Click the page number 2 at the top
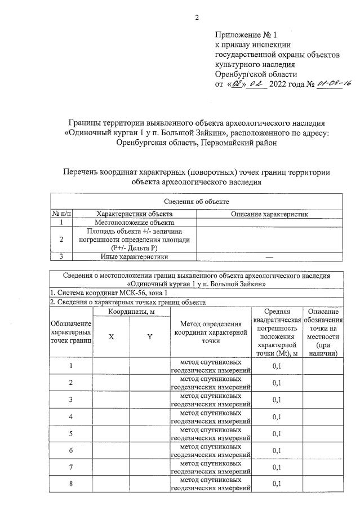[x=197, y=17]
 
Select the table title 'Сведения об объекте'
[x=196, y=201]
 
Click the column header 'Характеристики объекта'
[x=135, y=214]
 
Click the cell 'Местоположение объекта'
[x=135, y=223]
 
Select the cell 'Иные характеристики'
[x=135, y=256]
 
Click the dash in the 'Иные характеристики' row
[x=269, y=256]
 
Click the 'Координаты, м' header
[x=131, y=311]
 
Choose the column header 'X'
[x=111, y=336]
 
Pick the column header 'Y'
[x=150, y=336]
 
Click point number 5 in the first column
[x=71, y=433]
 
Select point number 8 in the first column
[x=71, y=484]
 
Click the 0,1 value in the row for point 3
[x=277, y=400]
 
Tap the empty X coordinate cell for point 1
[x=111, y=366]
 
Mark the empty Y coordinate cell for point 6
[x=150, y=450]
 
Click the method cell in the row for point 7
[x=211, y=467]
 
